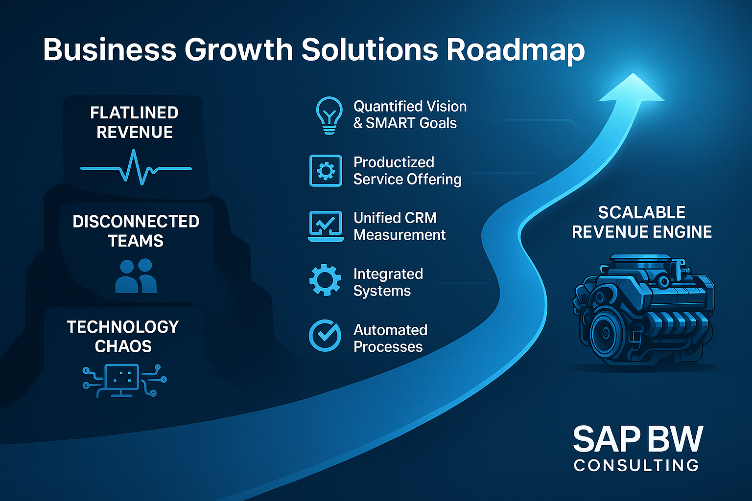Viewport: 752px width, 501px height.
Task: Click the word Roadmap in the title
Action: (x=516, y=50)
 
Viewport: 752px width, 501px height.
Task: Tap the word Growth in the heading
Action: (x=239, y=50)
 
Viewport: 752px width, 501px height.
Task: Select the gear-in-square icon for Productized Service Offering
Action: (x=326, y=170)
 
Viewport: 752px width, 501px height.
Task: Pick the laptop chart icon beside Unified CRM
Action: (x=326, y=226)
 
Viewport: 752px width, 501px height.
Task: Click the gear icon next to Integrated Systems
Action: (x=325, y=280)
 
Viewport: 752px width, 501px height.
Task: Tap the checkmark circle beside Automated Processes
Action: (x=325, y=335)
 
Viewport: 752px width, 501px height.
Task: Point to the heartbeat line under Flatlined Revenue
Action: (x=136, y=168)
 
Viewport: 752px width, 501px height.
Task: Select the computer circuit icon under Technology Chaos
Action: (x=124, y=381)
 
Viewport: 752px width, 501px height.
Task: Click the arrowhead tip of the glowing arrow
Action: (x=633, y=73)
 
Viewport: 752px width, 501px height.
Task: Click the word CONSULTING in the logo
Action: (x=636, y=466)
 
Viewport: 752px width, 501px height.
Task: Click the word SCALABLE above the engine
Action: (x=642, y=213)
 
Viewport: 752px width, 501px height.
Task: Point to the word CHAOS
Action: (x=123, y=346)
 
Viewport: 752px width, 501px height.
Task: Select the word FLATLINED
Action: (x=134, y=113)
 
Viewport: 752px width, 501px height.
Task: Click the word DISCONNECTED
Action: (x=136, y=222)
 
